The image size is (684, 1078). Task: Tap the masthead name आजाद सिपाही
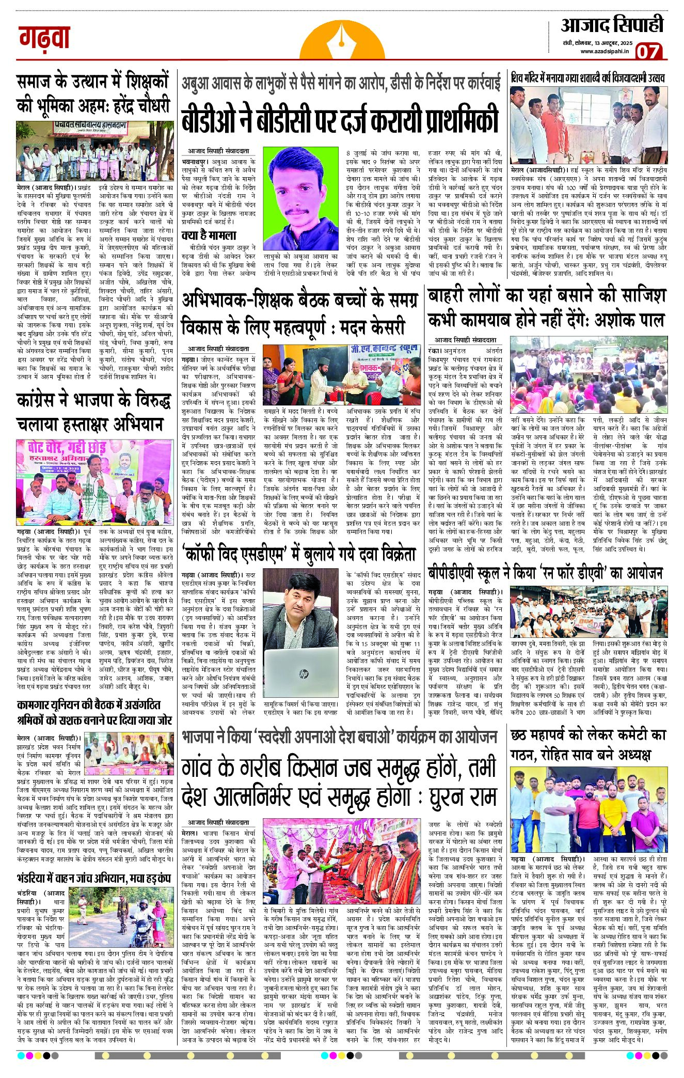612,24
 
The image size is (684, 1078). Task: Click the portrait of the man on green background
301,198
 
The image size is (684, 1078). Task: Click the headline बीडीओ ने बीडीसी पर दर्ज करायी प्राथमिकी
340,119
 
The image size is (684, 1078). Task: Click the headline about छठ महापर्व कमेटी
587,745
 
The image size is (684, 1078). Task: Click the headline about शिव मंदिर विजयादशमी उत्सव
587,79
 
